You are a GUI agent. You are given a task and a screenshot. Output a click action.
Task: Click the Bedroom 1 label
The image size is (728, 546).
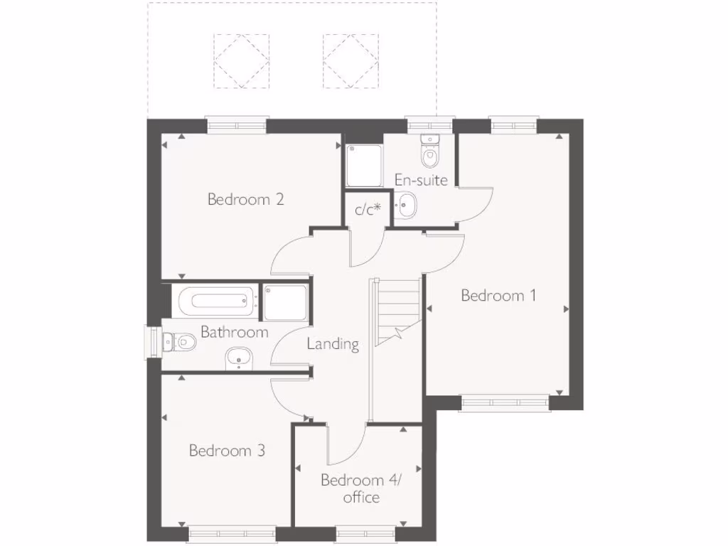[x=498, y=295]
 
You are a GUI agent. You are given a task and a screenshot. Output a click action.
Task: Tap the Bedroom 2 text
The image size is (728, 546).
[x=246, y=199]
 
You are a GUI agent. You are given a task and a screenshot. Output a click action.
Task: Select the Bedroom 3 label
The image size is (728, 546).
[x=227, y=450]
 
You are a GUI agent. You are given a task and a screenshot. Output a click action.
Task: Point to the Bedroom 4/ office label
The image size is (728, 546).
[x=361, y=488]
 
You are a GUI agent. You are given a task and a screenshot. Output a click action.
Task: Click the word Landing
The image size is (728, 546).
[x=333, y=344]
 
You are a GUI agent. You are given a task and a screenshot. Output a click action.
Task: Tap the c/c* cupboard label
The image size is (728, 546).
[x=368, y=209]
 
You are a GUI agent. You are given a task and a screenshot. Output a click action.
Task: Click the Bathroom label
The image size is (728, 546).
[x=234, y=332]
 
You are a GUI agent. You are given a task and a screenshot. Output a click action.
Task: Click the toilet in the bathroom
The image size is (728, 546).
[x=178, y=343]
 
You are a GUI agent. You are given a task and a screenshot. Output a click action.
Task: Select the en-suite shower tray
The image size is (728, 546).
[x=363, y=166]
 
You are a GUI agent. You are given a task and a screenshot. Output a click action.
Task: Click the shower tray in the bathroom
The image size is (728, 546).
[x=286, y=301]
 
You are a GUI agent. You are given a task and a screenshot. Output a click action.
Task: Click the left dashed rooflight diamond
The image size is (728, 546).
[x=242, y=61]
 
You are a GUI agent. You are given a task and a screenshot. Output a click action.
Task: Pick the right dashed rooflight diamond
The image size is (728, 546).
[x=350, y=61]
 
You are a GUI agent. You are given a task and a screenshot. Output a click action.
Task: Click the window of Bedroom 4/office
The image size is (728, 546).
[x=365, y=532]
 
